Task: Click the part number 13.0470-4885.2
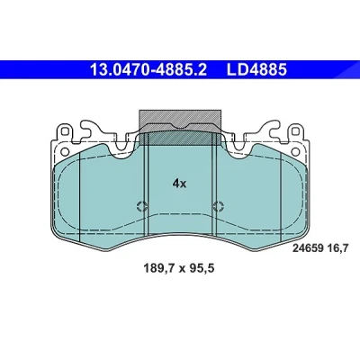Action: click(148, 70)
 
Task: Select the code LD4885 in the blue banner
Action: click(256, 70)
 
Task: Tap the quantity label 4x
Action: click(179, 183)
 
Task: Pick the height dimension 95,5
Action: click(201, 268)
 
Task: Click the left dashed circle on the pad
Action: click(141, 206)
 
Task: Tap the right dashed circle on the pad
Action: click(218, 206)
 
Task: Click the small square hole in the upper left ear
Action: click(65, 131)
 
